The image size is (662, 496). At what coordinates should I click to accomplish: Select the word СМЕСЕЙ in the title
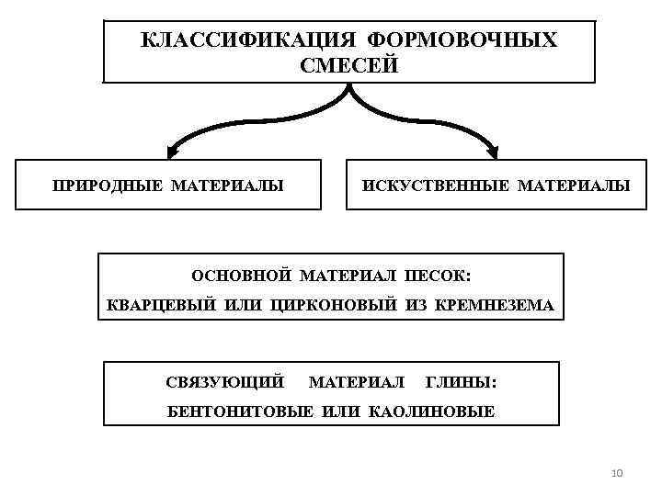coord(349,66)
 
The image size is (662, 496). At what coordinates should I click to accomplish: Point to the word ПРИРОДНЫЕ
coord(108,186)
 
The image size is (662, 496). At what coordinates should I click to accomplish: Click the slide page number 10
coord(617,473)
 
